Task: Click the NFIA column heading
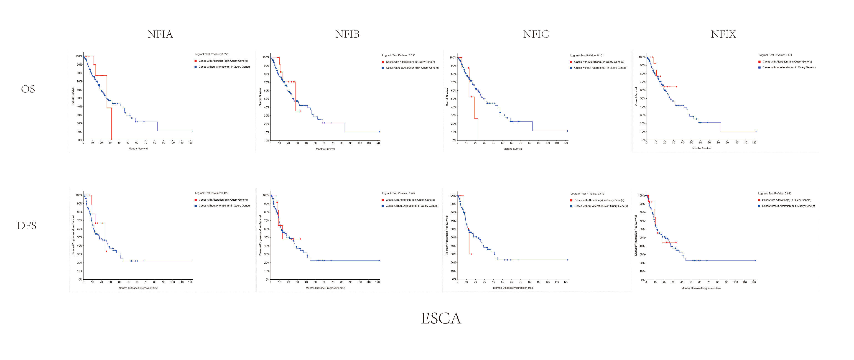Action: click(160, 34)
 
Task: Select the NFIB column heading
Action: click(347, 34)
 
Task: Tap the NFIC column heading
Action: click(536, 34)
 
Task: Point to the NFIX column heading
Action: click(723, 34)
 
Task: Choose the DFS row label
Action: click(26, 226)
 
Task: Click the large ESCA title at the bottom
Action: click(441, 318)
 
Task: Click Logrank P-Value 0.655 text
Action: click(211, 54)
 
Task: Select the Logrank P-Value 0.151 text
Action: click(587, 55)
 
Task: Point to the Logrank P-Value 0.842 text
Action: click(775, 193)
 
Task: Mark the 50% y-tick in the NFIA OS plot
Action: click(79, 98)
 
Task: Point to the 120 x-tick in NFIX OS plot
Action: click(754, 143)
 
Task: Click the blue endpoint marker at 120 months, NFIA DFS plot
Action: click(192, 261)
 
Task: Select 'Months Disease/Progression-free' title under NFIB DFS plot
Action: click(325, 288)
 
